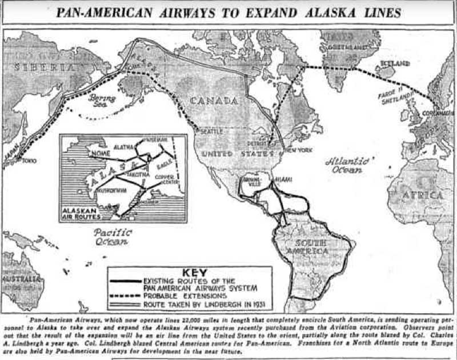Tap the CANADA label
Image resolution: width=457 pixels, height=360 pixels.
[x=214, y=101]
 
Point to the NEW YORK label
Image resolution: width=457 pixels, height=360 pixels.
[x=298, y=149]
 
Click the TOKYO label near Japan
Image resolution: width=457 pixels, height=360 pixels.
[x=29, y=161]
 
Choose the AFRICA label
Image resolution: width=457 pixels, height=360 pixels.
[x=424, y=195]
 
